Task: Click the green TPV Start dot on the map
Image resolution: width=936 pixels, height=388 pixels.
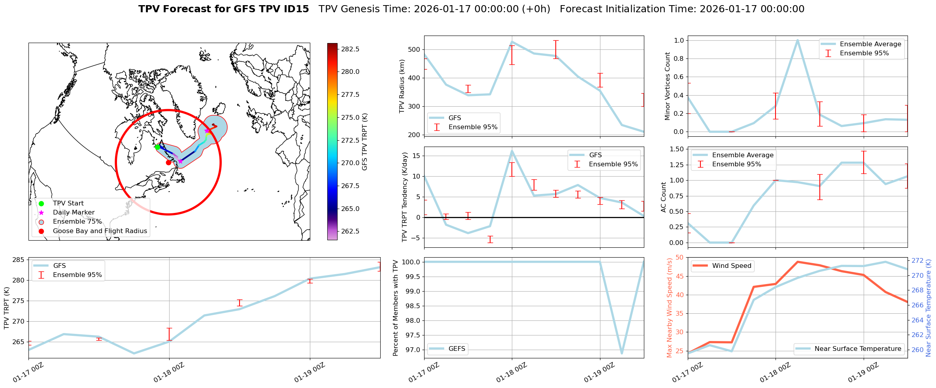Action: (157, 147)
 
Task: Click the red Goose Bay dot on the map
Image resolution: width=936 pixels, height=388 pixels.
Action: (168, 162)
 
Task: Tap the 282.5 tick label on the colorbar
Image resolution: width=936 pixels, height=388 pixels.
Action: (350, 49)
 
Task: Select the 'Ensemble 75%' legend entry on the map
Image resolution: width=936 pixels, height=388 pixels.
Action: (77, 222)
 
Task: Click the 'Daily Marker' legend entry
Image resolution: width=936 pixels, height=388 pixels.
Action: (74, 213)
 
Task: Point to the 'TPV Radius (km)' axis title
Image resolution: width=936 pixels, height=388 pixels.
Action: (402, 86)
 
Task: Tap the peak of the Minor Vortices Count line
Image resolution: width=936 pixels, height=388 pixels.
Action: (797, 40)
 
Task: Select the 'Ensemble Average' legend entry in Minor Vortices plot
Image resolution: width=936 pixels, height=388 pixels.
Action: (870, 44)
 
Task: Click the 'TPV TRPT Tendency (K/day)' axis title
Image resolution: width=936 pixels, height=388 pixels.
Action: (404, 197)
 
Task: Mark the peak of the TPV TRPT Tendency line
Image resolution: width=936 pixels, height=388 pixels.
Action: (512, 151)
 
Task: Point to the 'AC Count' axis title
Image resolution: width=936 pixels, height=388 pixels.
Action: (664, 197)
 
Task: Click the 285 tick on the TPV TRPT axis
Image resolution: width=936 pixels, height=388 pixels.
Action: (18, 260)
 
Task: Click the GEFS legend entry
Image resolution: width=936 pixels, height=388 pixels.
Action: (457, 349)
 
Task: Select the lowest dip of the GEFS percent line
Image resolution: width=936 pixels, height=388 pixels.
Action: (622, 353)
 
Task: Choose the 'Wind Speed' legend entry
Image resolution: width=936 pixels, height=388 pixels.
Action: (731, 266)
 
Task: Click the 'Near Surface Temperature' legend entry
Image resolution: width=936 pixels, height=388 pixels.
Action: (858, 349)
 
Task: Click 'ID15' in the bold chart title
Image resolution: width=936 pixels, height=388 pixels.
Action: (294, 9)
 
